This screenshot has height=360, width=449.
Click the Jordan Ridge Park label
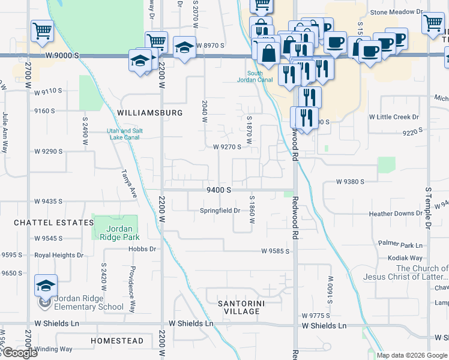(x=114, y=233)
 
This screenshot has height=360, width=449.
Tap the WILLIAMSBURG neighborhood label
(x=150, y=112)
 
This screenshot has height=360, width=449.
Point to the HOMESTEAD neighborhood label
(x=117, y=341)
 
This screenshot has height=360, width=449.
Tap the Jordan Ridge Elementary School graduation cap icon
(x=46, y=285)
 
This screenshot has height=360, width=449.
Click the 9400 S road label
(x=218, y=190)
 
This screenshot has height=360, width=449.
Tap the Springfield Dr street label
(x=220, y=211)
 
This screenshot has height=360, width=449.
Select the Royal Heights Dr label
(x=59, y=255)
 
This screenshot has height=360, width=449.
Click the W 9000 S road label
(x=61, y=56)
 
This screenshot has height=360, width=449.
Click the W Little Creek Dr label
(x=394, y=116)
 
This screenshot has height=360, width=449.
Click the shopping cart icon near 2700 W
(x=42, y=31)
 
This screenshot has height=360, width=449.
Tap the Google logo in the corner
(x=19, y=353)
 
